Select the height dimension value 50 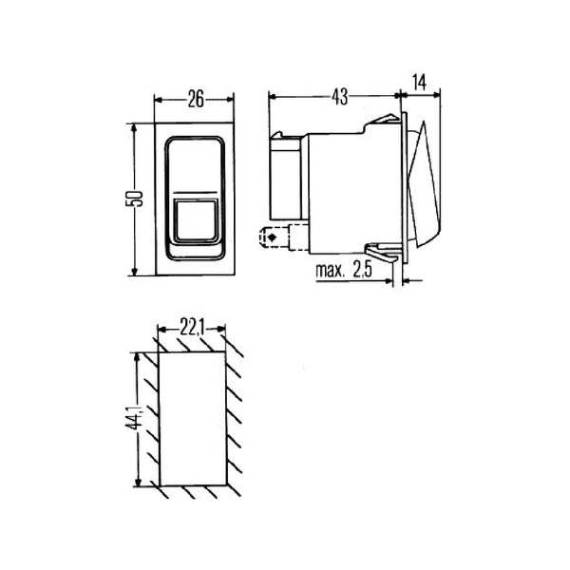(x=135, y=199)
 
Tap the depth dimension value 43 (x=339, y=96)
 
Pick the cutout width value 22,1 (x=192, y=329)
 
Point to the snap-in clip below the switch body (x=382, y=254)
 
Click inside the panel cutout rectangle (x=193, y=419)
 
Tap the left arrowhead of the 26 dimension (x=157, y=99)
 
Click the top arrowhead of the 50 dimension (x=135, y=125)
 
